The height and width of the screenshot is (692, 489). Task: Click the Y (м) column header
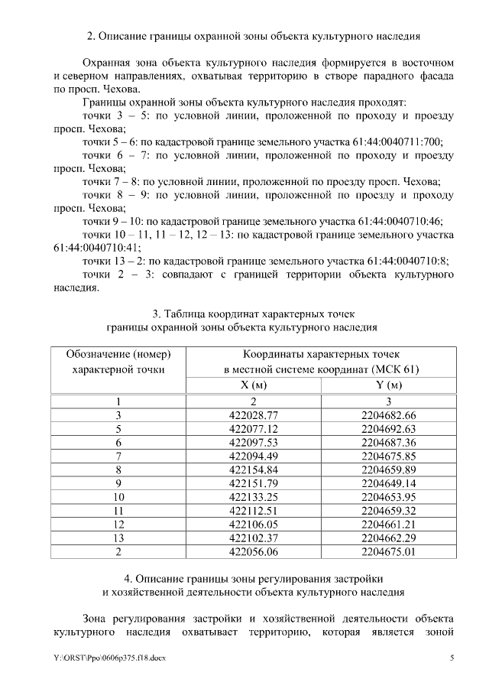[x=388, y=385]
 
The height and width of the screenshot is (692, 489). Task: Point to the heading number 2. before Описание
[x=90, y=36]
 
